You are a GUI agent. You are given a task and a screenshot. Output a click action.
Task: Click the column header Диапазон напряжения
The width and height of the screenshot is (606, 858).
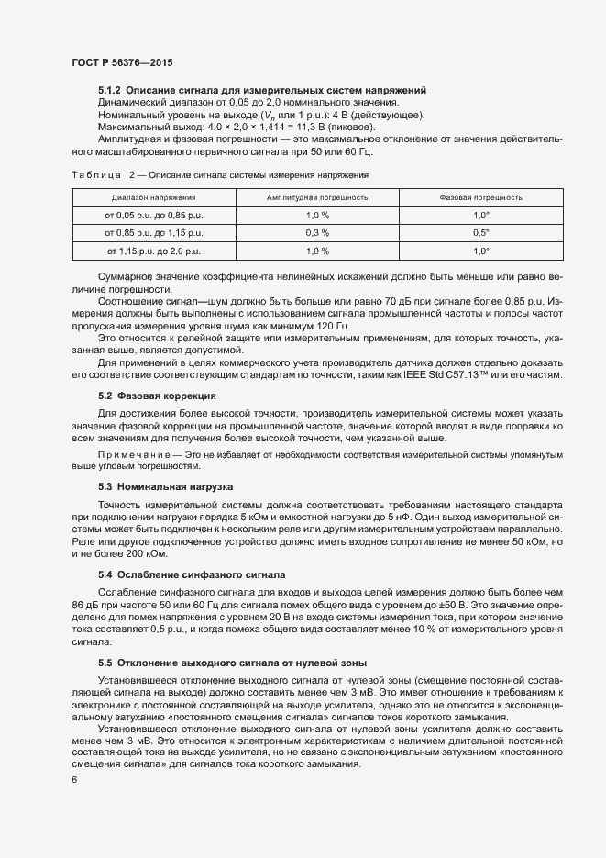(x=153, y=197)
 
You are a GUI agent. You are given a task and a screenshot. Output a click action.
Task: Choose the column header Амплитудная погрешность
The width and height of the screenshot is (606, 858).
(x=317, y=197)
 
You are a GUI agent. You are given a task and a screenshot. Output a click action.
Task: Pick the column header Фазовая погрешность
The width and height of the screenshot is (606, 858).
(x=481, y=197)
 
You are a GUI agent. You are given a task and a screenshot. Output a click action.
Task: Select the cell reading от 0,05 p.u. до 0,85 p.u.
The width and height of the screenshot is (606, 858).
(x=152, y=215)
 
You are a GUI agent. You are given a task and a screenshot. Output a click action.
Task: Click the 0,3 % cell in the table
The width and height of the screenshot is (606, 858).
(x=317, y=232)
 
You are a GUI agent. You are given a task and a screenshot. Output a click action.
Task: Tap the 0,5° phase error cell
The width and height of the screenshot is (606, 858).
(x=481, y=232)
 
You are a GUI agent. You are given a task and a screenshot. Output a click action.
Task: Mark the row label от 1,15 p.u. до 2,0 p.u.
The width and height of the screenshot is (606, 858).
(x=153, y=250)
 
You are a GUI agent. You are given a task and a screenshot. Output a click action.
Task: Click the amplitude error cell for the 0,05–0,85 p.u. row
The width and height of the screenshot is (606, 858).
(x=317, y=215)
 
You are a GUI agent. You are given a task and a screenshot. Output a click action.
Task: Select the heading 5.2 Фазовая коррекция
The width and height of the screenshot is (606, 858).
(x=157, y=396)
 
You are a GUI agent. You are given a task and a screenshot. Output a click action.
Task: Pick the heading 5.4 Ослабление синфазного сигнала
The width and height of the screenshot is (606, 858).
(x=197, y=574)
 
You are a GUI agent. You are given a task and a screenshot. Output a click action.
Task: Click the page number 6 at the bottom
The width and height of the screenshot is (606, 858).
(x=75, y=779)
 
